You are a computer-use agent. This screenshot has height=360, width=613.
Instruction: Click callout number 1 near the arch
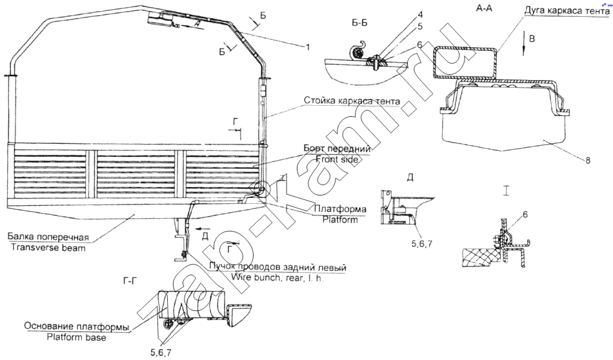[308, 46]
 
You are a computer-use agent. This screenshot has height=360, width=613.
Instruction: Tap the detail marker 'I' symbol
[508, 191]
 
